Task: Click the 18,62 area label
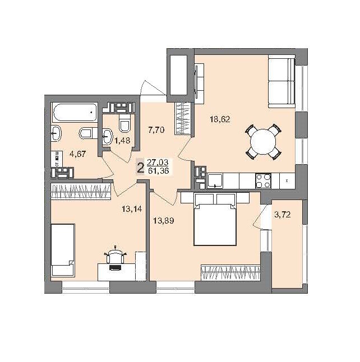(x=220, y=119)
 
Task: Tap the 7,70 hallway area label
(x=156, y=130)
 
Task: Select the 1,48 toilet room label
(x=122, y=140)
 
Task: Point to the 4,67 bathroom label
(x=77, y=154)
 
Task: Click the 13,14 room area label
(x=132, y=209)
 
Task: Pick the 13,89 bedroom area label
(x=164, y=221)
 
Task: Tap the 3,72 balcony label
(x=282, y=215)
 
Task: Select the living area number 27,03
(x=158, y=163)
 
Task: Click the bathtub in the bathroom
(x=75, y=113)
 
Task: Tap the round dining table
(x=263, y=142)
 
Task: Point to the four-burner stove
(x=264, y=181)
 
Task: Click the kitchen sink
(x=215, y=181)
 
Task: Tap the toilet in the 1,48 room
(x=124, y=123)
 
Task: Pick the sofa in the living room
(x=281, y=81)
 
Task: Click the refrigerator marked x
(x=287, y=181)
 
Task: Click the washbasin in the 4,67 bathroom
(x=56, y=133)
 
